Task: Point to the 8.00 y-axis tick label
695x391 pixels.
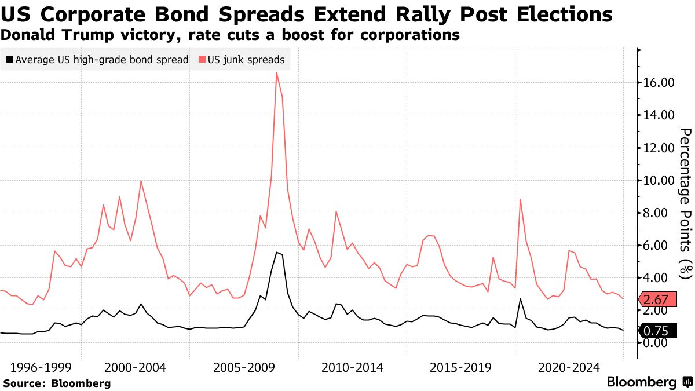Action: (661, 213)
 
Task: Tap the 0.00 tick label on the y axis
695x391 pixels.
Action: (661, 343)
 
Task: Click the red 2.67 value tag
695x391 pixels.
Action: (657, 299)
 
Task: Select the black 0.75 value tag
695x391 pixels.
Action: (657, 331)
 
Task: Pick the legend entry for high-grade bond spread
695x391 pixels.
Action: (97, 59)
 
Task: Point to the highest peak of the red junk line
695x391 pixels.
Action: (276, 72)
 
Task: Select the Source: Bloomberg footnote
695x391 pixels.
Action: (57, 383)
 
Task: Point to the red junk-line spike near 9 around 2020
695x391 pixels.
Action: (521, 200)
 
